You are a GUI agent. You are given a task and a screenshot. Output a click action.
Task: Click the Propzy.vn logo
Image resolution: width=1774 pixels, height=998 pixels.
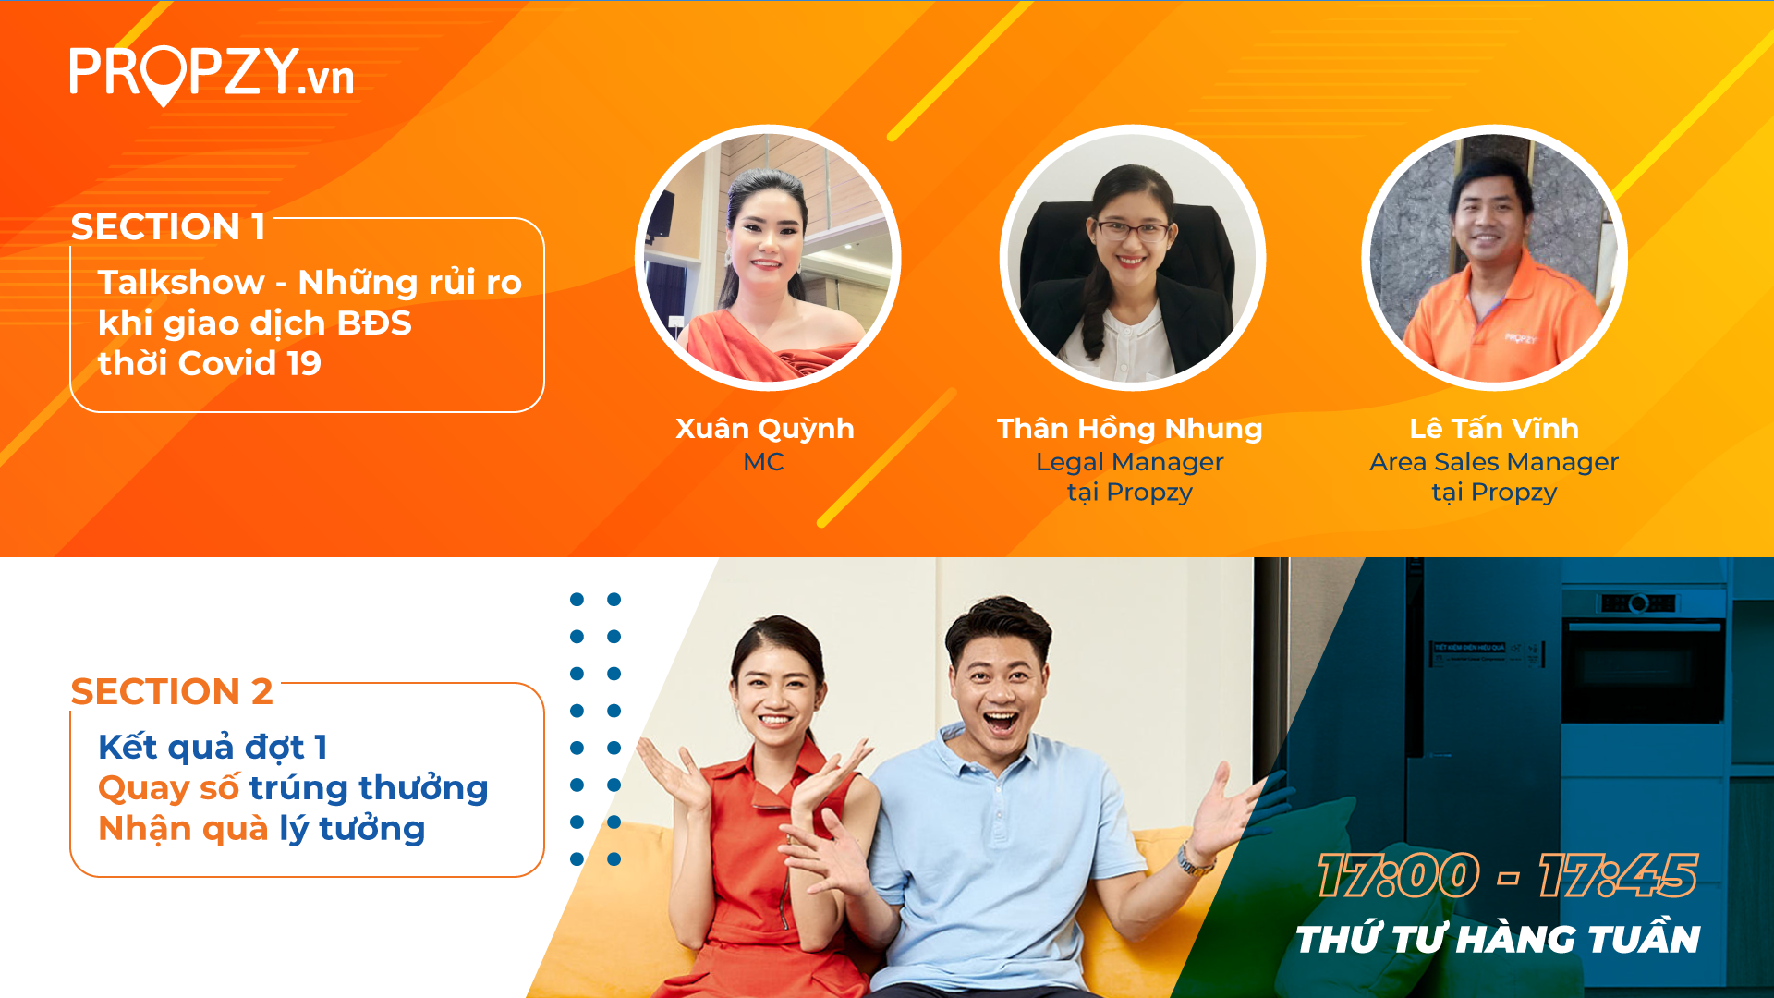[x=212, y=74]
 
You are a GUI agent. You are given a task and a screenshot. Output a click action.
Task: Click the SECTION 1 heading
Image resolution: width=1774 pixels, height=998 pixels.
[x=168, y=226]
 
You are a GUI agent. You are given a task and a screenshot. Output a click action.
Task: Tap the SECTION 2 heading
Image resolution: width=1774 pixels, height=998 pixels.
[x=172, y=691]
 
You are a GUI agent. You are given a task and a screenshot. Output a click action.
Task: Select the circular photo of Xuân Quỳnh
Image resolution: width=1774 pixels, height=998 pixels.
[x=768, y=258]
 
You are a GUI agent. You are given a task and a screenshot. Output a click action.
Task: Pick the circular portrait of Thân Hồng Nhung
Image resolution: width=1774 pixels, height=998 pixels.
[x=1132, y=258]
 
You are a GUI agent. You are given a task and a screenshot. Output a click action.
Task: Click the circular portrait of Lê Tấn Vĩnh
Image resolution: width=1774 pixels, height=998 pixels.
[x=1494, y=258]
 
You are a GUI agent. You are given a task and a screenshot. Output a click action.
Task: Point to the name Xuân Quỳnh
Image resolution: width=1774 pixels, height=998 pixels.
[x=765, y=430]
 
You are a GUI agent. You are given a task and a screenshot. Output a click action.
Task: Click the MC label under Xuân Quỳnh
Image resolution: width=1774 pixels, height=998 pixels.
[x=763, y=462]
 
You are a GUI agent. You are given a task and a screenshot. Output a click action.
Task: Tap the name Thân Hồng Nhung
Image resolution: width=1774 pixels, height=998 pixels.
[x=1129, y=429]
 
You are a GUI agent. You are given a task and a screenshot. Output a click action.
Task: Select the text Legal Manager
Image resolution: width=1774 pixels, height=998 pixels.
[x=1129, y=462]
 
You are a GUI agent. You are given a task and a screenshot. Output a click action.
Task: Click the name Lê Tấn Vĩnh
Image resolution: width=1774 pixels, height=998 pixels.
[x=1494, y=428]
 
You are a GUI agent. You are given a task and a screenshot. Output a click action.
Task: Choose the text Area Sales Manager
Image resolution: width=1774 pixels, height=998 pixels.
[x=1494, y=462]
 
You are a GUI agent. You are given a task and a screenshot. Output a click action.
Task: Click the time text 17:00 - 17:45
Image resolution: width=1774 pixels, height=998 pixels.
[x=1508, y=875]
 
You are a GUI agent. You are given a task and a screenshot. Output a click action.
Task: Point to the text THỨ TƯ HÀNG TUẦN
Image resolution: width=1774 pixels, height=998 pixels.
[x=1498, y=939]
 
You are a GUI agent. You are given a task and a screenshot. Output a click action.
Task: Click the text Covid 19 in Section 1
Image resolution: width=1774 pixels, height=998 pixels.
[x=249, y=363]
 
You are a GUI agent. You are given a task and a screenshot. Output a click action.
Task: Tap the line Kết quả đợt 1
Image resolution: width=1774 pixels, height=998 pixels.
[x=213, y=747]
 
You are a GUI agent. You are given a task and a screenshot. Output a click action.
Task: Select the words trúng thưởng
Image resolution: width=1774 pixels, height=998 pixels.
[x=369, y=788]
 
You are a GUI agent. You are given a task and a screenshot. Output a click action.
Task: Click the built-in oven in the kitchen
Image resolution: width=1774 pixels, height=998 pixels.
[x=1644, y=656]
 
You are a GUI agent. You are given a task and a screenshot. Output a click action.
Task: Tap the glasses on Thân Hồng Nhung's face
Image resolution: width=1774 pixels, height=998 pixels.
[x=1133, y=230]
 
